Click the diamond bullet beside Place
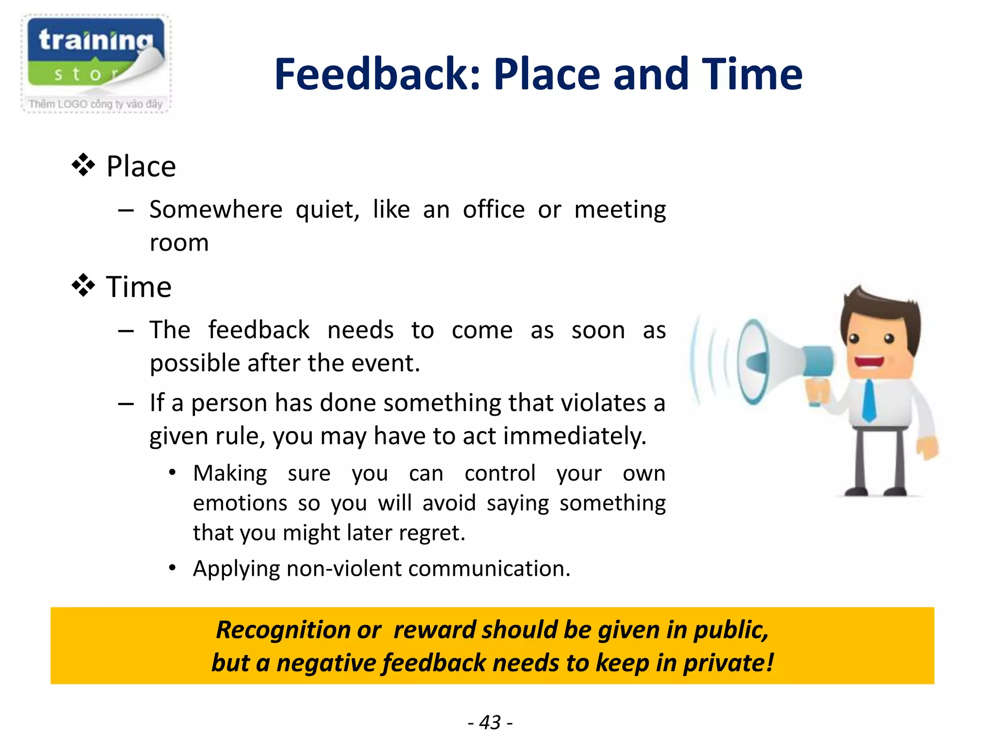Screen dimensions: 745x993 click(x=83, y=165)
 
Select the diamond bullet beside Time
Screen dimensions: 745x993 click(x=83, y=286)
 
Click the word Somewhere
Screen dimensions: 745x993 click(x=216, y=210)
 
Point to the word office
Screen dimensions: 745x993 click(x=493, y=210)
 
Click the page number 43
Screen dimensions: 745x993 click(x=490, y=722)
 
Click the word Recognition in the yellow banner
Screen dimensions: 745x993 click(x=283, y=630)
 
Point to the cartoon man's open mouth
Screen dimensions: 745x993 click(x=869, y=362)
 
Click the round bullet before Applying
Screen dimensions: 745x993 click(x=172, y=567)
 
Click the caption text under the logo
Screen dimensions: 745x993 click(x=96, y=104)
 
